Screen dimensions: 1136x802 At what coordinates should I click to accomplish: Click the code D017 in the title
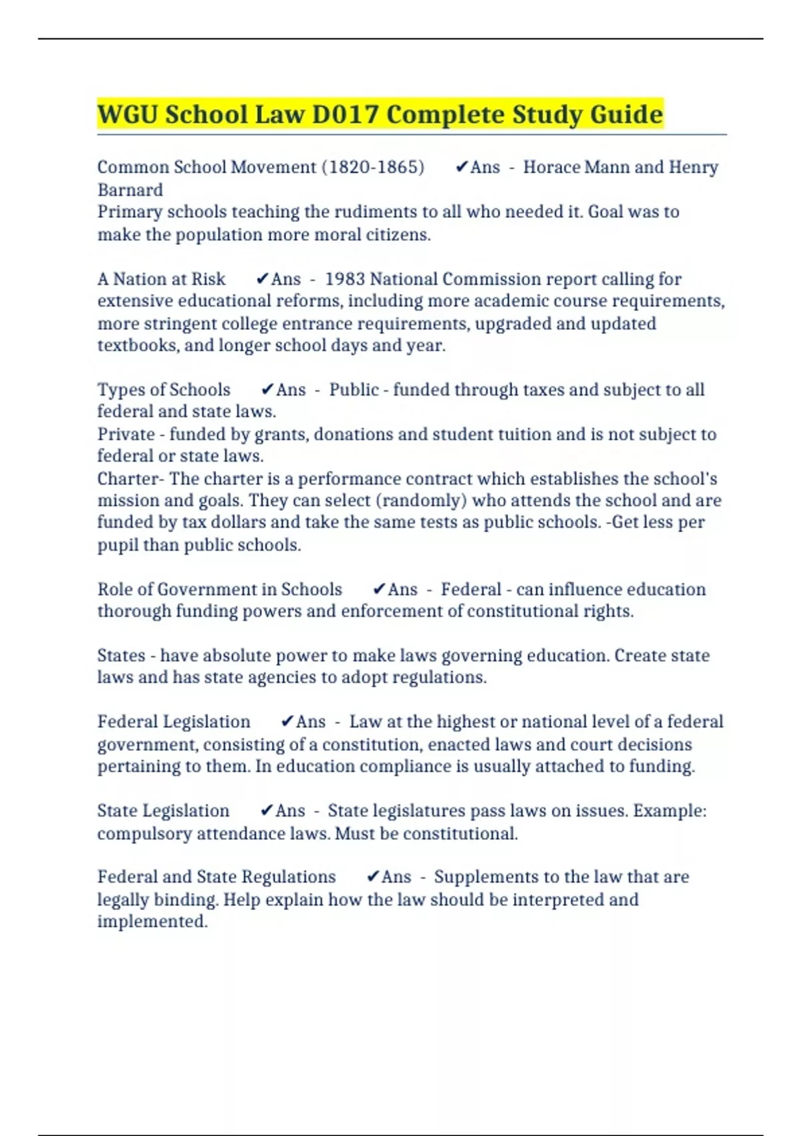click(345, 114)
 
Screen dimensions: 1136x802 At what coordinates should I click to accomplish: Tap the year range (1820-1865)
click(373, 167)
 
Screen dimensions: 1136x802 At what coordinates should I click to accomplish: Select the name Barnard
click(130, 190)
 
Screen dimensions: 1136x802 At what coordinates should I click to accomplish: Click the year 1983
click(344, 279)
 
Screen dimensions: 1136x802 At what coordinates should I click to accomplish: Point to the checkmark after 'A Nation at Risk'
click(263, 279)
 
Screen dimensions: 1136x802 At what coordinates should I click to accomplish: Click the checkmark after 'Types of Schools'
click(267, 390)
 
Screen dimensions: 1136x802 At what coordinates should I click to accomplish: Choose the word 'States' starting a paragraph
click(121, 656)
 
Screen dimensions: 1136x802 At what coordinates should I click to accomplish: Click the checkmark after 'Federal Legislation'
click(287, 722)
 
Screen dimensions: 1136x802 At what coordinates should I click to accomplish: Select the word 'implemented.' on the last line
click(152, 921)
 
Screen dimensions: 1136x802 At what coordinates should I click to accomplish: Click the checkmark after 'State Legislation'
click(267, 811)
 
